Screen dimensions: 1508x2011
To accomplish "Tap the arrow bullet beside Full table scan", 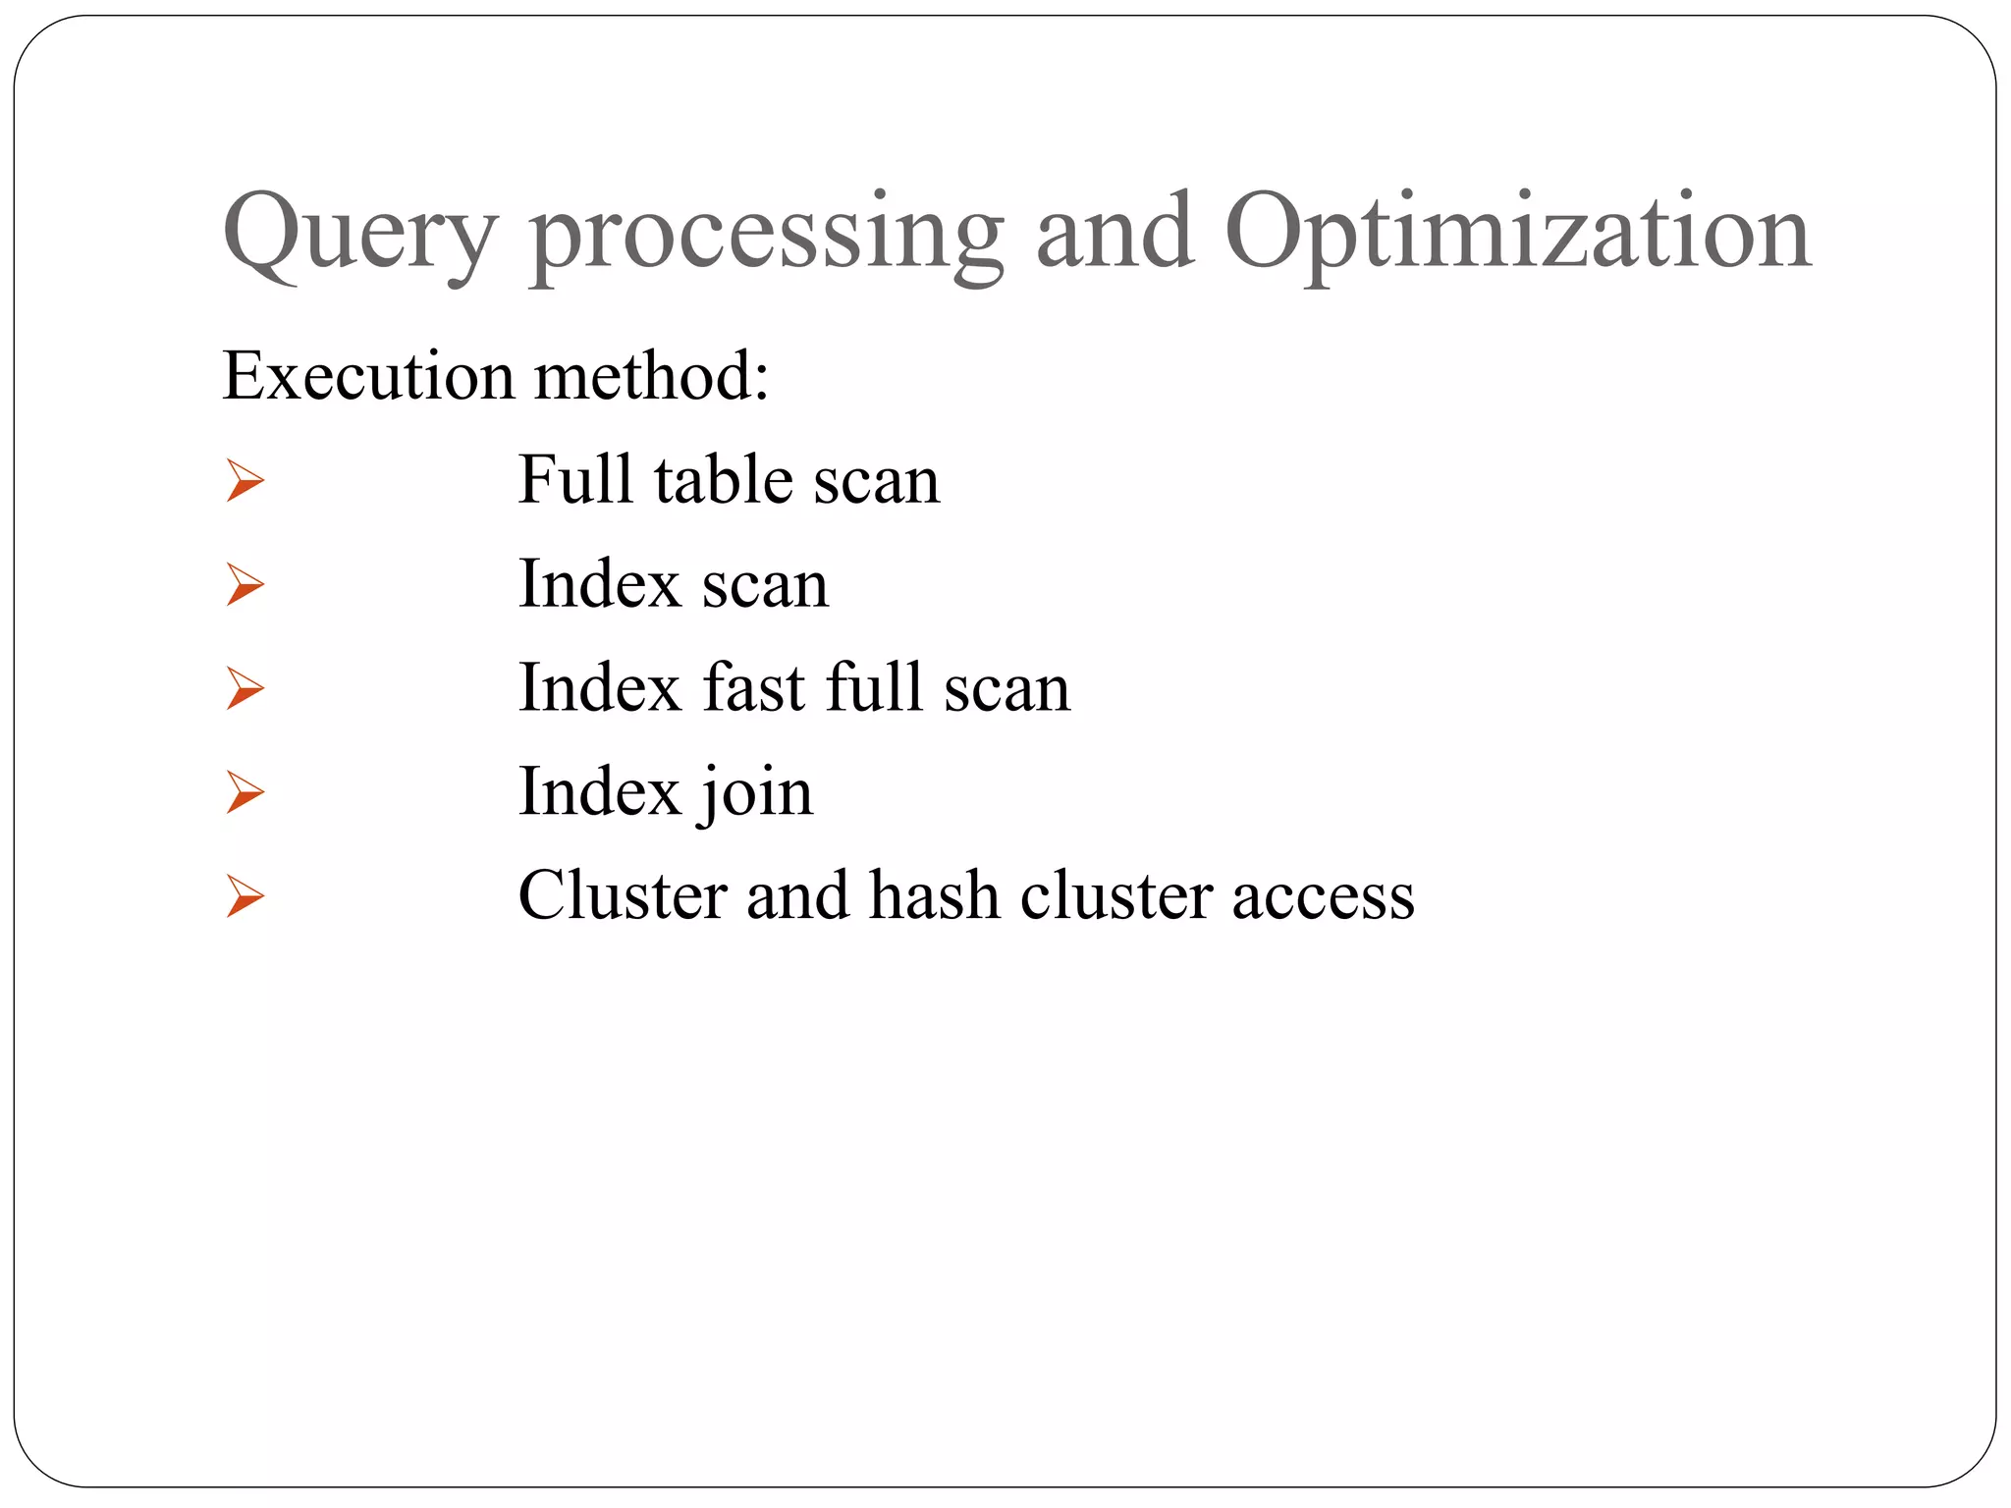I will (245, 481).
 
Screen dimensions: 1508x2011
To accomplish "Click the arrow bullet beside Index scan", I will (245, 585).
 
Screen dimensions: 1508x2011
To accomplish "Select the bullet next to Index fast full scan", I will (245, 688).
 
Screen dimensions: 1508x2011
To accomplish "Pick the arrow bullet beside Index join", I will (245, 792).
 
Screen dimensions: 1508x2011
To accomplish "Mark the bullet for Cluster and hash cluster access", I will (245, 896).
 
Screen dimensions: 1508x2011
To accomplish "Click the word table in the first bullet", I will (723, 480).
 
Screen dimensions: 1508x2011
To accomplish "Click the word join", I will (757, 793).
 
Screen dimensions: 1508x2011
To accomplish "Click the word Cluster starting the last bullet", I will (621, 895).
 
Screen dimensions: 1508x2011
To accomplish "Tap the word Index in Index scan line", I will (600, 584).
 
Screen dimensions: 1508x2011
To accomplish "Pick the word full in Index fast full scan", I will (875, 687).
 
